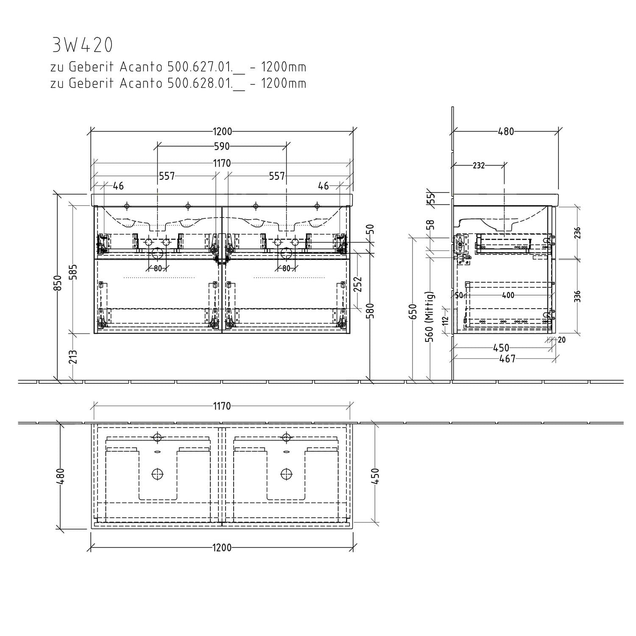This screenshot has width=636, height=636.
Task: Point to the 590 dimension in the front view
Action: [221, 146]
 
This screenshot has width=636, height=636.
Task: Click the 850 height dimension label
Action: [59, 283]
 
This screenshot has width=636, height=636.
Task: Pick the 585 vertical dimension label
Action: [74, 272]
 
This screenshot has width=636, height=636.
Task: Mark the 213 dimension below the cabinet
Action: [74, 357]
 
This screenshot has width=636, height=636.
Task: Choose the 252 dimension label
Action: [359, 285]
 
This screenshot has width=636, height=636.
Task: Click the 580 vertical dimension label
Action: [372, 310]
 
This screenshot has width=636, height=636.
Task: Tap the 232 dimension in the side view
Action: [479, 165]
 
